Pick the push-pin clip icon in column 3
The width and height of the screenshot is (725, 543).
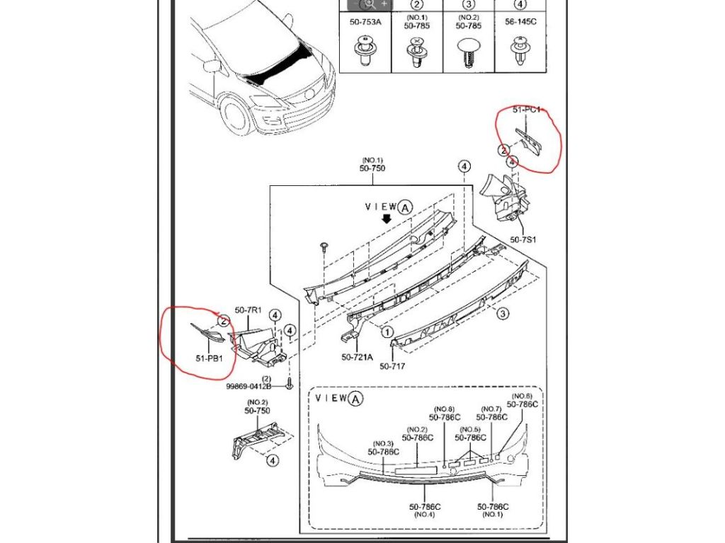point(467,52)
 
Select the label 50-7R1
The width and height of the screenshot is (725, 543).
point(249,310)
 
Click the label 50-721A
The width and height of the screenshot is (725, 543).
point(356,358)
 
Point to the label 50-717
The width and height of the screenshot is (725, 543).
point(392,366)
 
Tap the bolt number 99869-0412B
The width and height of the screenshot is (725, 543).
point(249,386)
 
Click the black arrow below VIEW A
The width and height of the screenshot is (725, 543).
point(386,219)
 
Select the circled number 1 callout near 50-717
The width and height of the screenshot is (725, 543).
point(387,330)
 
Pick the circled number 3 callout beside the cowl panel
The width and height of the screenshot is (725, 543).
point(501,313)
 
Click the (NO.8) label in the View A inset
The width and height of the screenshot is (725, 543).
point(444,409)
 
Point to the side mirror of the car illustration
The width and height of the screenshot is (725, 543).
point(210,66)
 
